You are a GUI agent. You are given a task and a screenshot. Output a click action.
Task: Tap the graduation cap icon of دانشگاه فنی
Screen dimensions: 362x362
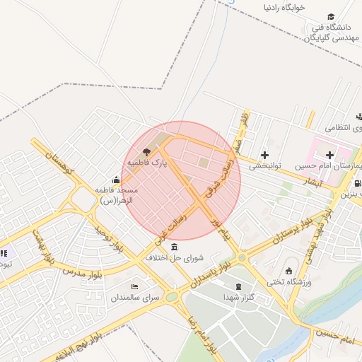pos(330,17)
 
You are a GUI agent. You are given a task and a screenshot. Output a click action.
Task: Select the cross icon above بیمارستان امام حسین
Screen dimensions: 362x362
pos(329,154)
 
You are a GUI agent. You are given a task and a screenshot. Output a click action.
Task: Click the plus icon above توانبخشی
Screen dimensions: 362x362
pos(264,155)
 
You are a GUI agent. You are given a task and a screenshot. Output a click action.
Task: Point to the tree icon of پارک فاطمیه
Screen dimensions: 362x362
pos(146,152)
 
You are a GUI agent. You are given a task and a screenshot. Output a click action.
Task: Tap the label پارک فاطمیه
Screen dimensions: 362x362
pos(147,163)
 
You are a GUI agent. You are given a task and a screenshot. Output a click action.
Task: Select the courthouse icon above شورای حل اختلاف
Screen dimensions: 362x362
pos(175,246)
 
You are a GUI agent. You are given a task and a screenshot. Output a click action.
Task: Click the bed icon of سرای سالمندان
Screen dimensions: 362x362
pos(134,286)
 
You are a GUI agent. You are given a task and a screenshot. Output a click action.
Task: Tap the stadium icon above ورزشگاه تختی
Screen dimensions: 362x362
pos(288,271)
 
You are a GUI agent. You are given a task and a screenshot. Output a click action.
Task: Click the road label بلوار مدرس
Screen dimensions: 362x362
pos(83,269)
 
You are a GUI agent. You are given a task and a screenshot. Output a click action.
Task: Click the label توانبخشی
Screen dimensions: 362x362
pos(264,166)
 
